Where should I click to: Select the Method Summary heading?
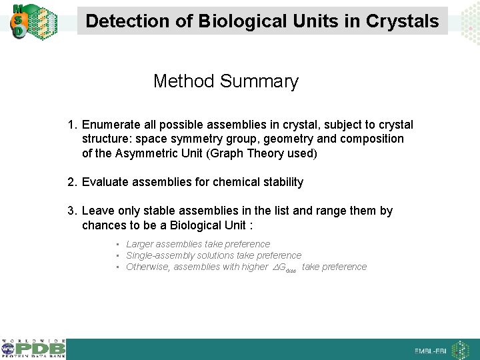click(225, 81)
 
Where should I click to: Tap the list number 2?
click(72, 182)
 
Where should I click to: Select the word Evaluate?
click(105, 182)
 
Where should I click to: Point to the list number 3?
click(72, 211)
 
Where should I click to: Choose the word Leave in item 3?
click(97, 211)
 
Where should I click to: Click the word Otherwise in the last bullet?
click(147, 267)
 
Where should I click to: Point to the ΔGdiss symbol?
click(285, 267)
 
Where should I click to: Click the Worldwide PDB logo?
click(33, 349)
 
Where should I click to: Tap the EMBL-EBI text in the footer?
click(431, 351)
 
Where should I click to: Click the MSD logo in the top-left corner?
click(18, 20)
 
